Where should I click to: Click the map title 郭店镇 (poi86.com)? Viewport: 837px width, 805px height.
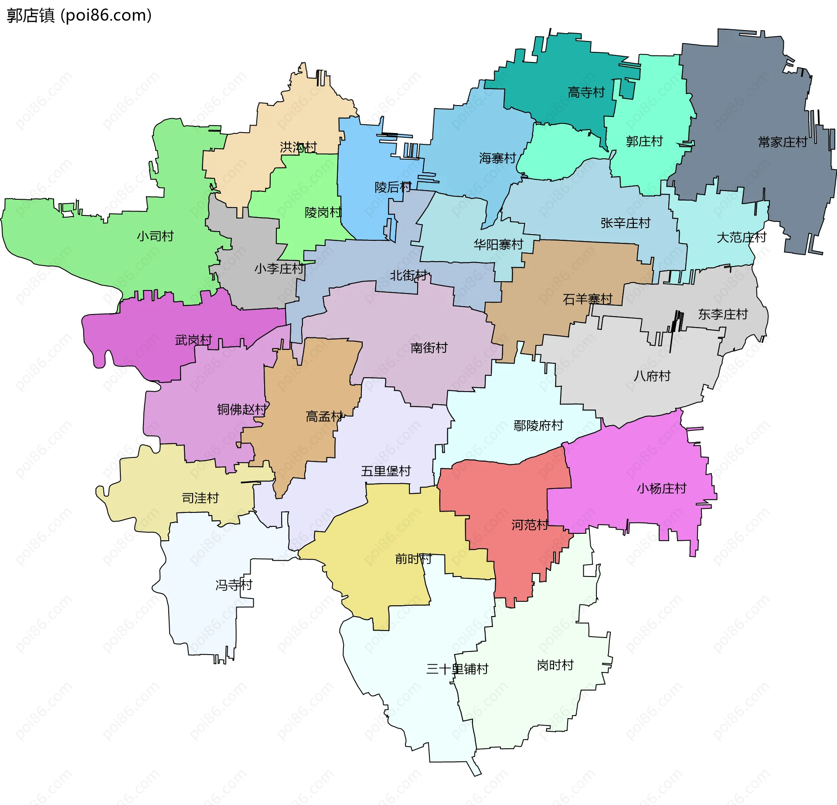click(79, 15)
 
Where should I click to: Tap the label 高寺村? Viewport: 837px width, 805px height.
click(586, 92)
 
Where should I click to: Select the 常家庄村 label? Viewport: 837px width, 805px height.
click(783, 142)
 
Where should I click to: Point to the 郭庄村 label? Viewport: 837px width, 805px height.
click(644, 141)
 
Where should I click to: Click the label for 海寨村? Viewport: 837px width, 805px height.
click(497, 158)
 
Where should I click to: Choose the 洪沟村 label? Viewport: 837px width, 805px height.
click(298, 147)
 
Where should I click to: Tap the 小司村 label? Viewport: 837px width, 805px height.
click(155, 236)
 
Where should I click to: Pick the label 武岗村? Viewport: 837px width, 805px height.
click(194, 340)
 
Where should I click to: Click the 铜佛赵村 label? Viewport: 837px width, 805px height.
click(242, 409)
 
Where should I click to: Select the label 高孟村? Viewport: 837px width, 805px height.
click(324, 416)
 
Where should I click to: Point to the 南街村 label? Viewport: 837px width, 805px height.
click(429, 348)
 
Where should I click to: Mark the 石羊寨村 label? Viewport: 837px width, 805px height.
click(588, 299)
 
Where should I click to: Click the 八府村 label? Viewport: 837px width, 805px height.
click(652, 376)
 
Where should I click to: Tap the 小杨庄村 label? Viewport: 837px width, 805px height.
click(661, 488)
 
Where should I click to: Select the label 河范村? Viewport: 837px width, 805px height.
click(530, 525)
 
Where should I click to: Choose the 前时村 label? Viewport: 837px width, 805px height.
click(413, 559)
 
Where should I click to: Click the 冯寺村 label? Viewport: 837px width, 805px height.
click(234, 585)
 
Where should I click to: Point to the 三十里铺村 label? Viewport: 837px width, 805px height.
click(457, 669)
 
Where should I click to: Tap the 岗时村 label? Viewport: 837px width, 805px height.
click(555, 665)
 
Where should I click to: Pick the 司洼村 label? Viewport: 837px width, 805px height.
click(200, 498)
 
